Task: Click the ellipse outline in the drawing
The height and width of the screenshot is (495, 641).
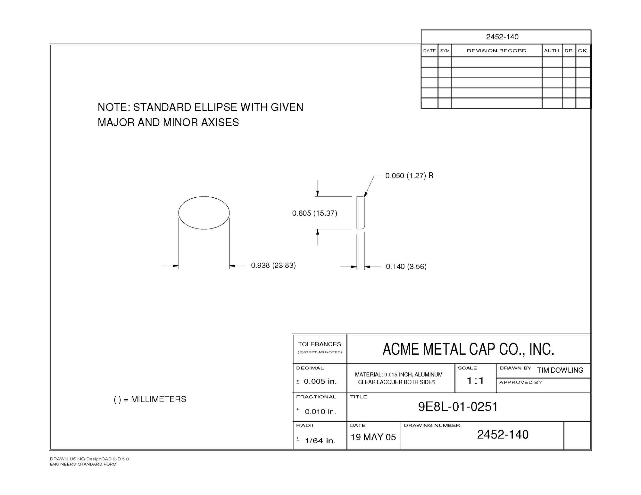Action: coord(204,213)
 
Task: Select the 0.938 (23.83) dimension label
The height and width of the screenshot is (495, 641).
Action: coord(273,265)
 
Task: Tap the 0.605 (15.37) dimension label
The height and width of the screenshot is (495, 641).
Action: coord(314,213)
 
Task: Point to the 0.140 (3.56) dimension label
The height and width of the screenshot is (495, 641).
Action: coord(406,267)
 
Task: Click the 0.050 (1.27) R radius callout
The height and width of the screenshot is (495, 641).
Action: coord(409,176)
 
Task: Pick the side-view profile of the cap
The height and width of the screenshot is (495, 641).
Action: coord(361,213)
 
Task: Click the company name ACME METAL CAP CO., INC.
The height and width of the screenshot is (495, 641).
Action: coord(468,349)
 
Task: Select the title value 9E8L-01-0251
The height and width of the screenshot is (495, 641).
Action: coord(458,407)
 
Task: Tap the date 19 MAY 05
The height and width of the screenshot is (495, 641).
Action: coord(373,437)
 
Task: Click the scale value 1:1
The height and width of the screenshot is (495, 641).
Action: coord(475,381)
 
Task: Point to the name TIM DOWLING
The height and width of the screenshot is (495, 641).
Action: coord(560,370)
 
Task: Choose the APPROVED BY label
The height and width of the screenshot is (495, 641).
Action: coord(520,382)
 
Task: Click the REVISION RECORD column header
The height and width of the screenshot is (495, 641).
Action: coord(496,51)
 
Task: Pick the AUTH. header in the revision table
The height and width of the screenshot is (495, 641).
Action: coord(552,51)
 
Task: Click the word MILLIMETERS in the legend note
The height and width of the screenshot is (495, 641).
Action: coord(158,399)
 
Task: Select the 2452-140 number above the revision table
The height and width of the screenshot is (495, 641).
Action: coord(502,37)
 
